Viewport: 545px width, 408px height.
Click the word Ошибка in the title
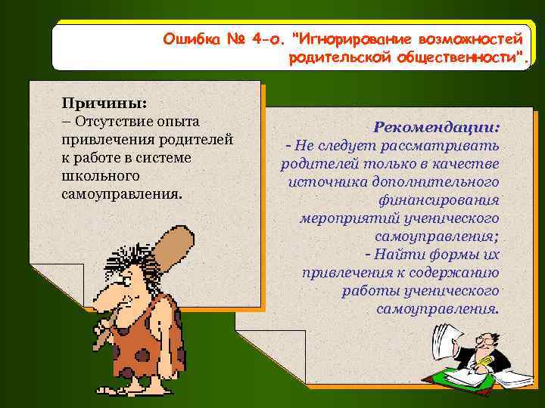click(x=188, y=38)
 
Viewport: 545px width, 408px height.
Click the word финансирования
click(x=438, y=200)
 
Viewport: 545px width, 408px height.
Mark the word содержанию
click(x=456, y=273)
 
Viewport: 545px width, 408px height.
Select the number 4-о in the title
click(x=261, y=38)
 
